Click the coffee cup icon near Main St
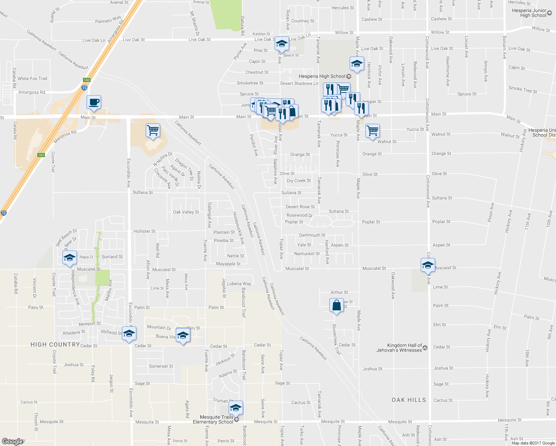pos(94,102)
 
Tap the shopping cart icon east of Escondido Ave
pos(153,130)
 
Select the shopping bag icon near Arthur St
pos(336,305)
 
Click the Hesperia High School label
pos(322,76)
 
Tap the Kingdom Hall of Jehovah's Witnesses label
pos(400,348)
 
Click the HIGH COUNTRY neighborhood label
pos(55,345)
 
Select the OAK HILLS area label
pos(409,400)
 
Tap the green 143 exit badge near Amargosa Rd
pos(87,80)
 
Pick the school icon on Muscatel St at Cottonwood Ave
pos(428,265)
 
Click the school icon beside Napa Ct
pos(69,257)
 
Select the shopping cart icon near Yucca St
pos(372,130)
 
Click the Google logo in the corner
pos(13,442)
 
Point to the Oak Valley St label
pos(186,212)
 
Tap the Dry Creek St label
pos(299,181)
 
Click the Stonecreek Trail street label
pos(337,339)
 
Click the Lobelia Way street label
pos(239,284)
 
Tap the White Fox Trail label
pos(32,78)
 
